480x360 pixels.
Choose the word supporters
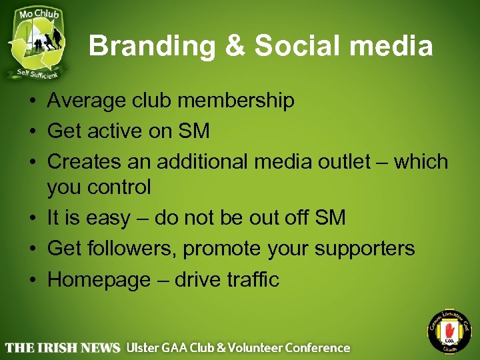pos(365,249)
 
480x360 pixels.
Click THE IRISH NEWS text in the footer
pos(63,347)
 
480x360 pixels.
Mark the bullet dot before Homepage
pos(32,279)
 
